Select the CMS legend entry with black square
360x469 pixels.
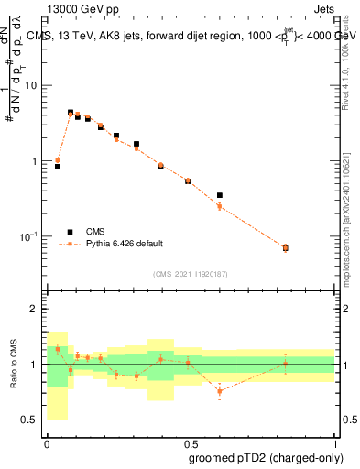96,232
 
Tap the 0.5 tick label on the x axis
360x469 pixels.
190,442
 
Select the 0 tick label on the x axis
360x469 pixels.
46,442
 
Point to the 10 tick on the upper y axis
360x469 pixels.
33,85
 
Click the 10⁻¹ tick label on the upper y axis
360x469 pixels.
31,236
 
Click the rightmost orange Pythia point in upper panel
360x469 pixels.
285,248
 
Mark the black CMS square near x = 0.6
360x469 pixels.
220,195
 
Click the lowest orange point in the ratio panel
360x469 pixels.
220,391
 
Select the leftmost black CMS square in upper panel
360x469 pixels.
58,167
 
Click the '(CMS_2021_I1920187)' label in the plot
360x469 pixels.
190,274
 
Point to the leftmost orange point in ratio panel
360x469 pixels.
58,349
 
